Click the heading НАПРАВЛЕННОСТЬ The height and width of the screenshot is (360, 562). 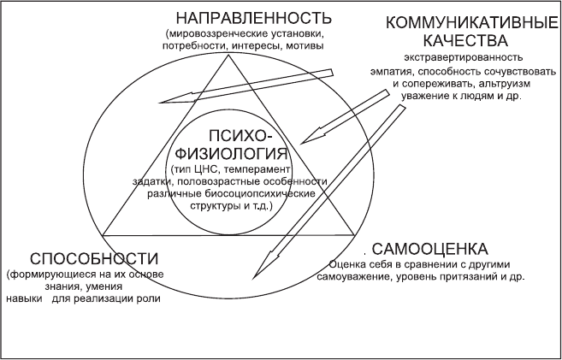pyautogui.click(x=254, y=18)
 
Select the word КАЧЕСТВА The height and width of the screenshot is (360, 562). pyautogui.click(x=465, y=40)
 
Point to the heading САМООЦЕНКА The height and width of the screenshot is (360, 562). pyautogui.click(x=429, y=249)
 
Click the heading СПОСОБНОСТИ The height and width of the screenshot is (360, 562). pyautogui.click(x=94, y=258)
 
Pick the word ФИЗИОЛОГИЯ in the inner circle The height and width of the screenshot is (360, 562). pyautogui.click(x=233, y=154)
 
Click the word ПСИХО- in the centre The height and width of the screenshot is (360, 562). pyautogui.click(x=240, y=136)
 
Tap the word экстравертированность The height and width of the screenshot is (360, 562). pyautogui.click(x=463, y=57)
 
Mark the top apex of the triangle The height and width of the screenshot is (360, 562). pyautogui.click(x=228, y=55)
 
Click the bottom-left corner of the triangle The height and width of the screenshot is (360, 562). pyautogui.click(x=103, y=235)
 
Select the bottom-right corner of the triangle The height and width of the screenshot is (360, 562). pyautogui.click(x=354, y=235)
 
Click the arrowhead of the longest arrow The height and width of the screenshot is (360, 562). pyautogui.click(x=254, y=278)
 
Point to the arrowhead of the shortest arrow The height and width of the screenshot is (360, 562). pyautogui.click(x=301, y=144)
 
